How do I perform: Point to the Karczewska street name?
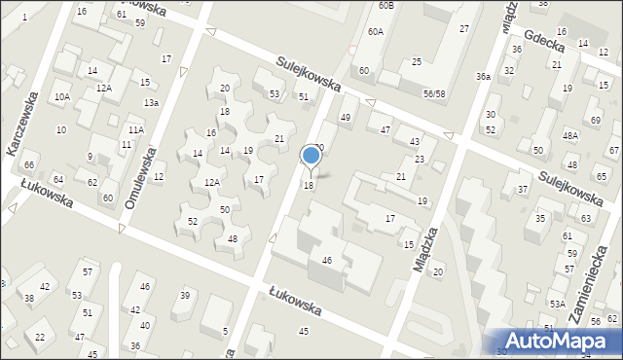pos(21,126)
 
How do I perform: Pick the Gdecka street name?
pos(545,37)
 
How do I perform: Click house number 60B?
pos(386,6)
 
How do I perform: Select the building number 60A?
pos(375,32)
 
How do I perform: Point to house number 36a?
pos(483,76)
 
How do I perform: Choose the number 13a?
pos(151,103)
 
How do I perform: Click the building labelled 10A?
pos(62,96)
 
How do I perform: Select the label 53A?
pos(556,305)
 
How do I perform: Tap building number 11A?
pos(135,129)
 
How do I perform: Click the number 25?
pos(416,62)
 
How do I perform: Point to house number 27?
pos(464,29)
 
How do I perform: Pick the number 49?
pos(345,118)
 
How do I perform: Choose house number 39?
pos(184,295)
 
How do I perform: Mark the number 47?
pos(385,129)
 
